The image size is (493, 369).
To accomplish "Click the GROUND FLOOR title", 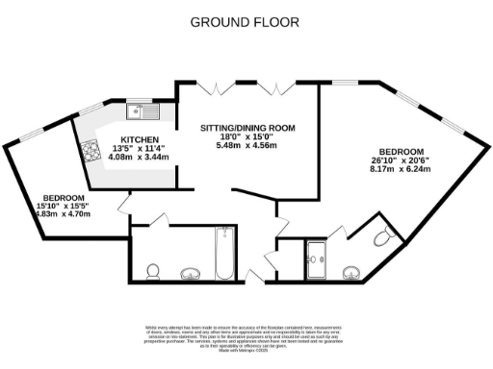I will tap(244, 21).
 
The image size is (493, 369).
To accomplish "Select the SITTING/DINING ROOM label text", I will tap(247, 128).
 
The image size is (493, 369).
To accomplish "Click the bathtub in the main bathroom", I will tap(223, 252).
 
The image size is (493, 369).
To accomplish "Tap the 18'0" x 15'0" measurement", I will tap(247, 138).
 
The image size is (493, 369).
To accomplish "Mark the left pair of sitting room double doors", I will tap(216, 89).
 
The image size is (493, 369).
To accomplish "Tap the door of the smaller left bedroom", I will tap(123, 205).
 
